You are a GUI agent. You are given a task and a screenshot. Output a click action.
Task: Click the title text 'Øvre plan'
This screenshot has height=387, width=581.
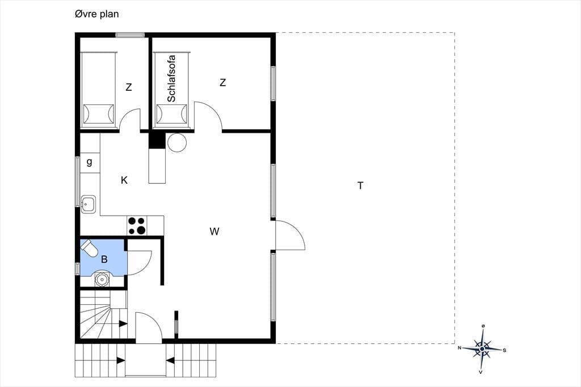coord(96,14)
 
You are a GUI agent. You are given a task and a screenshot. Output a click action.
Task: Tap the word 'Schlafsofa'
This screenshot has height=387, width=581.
coord(171,78)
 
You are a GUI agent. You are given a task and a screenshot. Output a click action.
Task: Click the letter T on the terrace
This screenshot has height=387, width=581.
coord(360,186)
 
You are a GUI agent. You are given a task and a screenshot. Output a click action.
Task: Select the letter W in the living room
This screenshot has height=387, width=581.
coord(214,232)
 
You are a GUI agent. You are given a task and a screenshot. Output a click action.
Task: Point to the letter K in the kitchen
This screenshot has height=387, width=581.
coord(124,180)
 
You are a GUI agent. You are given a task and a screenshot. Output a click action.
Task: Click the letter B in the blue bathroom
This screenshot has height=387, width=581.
coord(104,259)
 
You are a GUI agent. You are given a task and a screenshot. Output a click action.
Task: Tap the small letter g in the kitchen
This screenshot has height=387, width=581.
coord(89,162)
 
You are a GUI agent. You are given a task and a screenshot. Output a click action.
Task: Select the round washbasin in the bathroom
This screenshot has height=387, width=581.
coord(101,278)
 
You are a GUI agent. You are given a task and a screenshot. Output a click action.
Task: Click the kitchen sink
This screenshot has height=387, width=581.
coord(89,204)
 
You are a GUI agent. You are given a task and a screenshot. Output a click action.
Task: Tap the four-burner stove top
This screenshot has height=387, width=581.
coord(137,225)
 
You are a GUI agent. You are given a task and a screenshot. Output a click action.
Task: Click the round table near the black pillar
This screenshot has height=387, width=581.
coord(177,142)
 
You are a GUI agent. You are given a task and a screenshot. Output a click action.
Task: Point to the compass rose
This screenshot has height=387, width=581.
coord(482,349)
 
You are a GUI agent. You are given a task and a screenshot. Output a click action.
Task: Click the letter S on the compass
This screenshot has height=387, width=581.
coord(504,350)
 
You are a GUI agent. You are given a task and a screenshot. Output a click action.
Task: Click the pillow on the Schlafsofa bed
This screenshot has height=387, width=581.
coord(171,114)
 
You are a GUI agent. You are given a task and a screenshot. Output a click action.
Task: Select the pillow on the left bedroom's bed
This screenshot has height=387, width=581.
coord(98,114)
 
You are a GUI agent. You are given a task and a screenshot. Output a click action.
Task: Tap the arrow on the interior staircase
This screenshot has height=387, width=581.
coord(123,323)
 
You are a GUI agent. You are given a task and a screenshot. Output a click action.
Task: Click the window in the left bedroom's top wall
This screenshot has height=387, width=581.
coord(130,35)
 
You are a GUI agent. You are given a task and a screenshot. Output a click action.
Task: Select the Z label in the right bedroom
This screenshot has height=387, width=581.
coord(222,83)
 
